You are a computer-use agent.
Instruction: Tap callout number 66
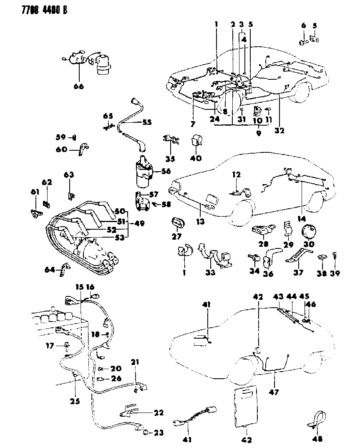78,86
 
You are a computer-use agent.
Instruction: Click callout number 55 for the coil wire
146,122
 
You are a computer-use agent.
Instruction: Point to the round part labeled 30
309,231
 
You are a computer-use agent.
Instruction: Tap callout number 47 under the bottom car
274,392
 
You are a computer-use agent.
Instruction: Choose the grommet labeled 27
177,223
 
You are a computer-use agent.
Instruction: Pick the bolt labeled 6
302,41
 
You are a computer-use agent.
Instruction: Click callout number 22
158,412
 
